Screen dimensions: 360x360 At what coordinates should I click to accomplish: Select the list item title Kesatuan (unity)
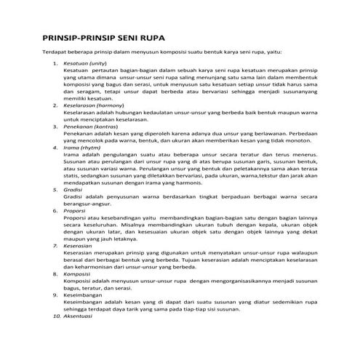[85, 64]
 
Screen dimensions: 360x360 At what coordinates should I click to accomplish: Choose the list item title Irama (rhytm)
[82, 147]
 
